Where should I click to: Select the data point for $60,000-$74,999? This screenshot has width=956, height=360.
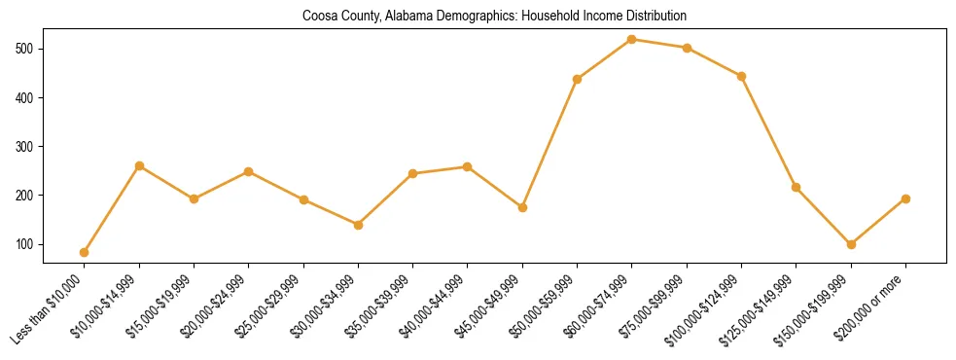click(632, 40)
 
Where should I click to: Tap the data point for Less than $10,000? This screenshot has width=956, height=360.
click(85, 253)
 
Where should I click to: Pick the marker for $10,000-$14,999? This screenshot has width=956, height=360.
click(139, 166)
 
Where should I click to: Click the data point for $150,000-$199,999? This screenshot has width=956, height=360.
click(851, 245)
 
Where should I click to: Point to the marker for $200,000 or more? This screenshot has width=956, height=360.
click(905, 198)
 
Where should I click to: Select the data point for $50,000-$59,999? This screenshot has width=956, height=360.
click(578, 79)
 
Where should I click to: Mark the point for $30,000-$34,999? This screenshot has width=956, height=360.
click(359, 225)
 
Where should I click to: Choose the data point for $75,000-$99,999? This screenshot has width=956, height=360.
click(687, 48)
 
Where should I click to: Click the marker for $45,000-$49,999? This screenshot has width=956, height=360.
click(522, 208)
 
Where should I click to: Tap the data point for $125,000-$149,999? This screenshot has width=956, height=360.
click(797, 187)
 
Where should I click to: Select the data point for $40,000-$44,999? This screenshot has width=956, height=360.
click(468, 167)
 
